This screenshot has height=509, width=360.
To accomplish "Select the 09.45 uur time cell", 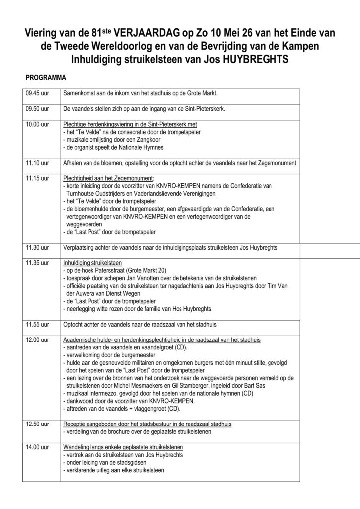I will coord(37,93).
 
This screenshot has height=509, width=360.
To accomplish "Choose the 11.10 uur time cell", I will coord(37,163).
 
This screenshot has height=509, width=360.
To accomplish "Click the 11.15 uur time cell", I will coord(37,178).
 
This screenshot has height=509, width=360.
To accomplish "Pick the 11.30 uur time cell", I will coord(37,247).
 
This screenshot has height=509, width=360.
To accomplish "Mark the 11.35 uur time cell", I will coord(37,262).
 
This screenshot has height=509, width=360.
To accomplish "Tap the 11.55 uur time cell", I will coord(37,325).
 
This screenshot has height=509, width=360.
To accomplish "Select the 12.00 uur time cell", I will coord(37,339).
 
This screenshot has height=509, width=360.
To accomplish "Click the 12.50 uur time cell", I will coord(37,424).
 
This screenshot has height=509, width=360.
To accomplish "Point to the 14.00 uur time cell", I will coord(37,447).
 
